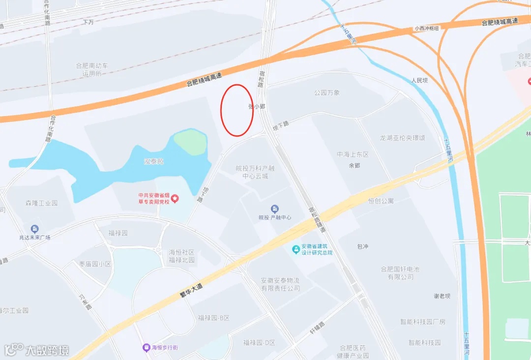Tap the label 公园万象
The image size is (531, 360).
(x=327, y=92)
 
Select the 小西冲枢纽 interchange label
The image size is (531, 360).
(x=426, y=29)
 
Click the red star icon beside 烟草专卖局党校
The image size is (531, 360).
(x=175, y=198)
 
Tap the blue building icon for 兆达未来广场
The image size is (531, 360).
(x=34, y=229)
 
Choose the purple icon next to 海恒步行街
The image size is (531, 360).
(x=146, y=348)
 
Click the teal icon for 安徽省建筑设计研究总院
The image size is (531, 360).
(x=295, y=249)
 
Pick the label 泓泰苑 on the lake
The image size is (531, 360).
(x=153, y=161)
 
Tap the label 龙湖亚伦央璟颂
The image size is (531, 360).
(x=402, y=138)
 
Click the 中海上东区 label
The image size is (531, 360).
(x=353, y=154)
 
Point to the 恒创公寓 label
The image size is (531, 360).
(x=381, y=201)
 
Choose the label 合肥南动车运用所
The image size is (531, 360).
(x=92, y=69)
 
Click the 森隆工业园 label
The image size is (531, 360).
(x=41, y=203)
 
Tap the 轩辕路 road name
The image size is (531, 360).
(x=317, y=328)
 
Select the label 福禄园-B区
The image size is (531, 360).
(x=213, y=318)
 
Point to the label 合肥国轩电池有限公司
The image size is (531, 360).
(x=400, y=273)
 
